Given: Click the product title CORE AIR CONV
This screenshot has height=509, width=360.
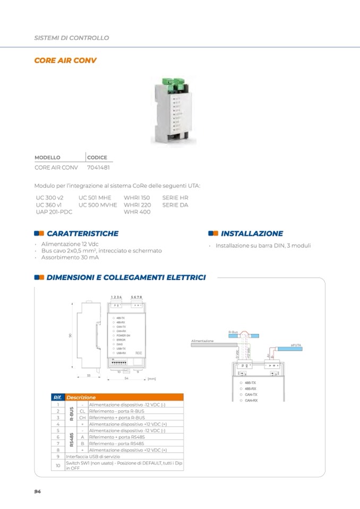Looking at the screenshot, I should click(65, 61).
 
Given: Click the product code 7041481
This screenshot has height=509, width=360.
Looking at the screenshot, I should click(99, 167).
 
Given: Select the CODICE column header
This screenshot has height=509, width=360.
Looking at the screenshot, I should click(97, 158).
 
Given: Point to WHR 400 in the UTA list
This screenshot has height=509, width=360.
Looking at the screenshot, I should click(137, 212).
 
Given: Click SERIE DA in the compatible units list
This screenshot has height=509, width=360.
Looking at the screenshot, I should click(175, 204).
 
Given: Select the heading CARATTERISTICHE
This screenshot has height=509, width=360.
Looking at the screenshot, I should click(82, 234).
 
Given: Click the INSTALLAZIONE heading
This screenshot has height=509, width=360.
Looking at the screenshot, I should click(252, 234).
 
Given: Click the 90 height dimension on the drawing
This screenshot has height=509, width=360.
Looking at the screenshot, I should click(70, 335).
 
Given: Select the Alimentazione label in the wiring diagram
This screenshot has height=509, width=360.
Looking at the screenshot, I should click(202, 341).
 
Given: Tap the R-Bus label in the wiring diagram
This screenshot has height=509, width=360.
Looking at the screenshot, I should click(233, 332).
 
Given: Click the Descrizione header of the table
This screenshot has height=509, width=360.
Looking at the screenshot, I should click(81, 397).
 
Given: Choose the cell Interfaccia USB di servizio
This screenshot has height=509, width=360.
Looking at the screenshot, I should click(93, 456).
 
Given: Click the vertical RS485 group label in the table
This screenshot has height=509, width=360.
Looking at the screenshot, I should click(71, 439).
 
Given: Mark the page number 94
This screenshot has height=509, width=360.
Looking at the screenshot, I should click(38, 491).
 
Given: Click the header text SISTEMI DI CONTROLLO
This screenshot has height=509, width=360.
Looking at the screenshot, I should click(71, 38).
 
